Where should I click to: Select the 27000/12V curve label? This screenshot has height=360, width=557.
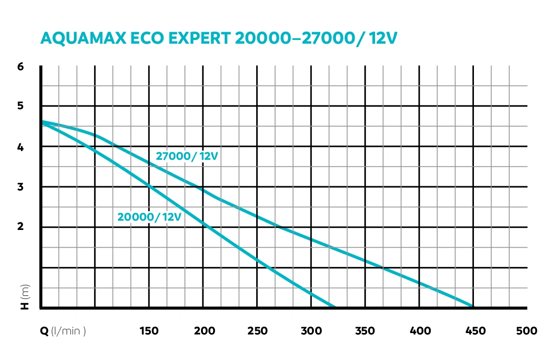coord(187,157)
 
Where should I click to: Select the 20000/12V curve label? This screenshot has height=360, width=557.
coord(149,216)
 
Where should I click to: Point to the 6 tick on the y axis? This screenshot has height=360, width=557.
coord(20,66)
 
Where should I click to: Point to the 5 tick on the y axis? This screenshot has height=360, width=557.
coord(20,106)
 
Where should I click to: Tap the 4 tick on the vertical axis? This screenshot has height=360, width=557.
coord(20,147)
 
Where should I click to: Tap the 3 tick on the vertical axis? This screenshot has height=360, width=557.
coord(20,187)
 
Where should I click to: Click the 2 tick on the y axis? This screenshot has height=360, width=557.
coord(20,227)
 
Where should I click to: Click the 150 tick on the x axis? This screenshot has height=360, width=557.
coord(149,331)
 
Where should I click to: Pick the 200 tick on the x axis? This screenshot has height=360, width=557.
coord(204,331)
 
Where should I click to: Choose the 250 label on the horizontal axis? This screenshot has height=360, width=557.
coord(258,331)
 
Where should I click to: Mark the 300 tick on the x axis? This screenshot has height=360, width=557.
coord(311,331)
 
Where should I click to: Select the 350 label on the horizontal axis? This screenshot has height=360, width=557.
coord(365,331)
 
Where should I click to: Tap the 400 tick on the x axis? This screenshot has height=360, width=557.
coord(420,331)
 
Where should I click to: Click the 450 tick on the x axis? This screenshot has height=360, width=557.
coord(475,331)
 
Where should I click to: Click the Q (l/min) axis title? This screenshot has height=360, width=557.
coord(63,331)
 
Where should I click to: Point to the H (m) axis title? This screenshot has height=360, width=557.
coord(25,297)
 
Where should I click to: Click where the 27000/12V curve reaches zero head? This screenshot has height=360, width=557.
coord(473,307)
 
